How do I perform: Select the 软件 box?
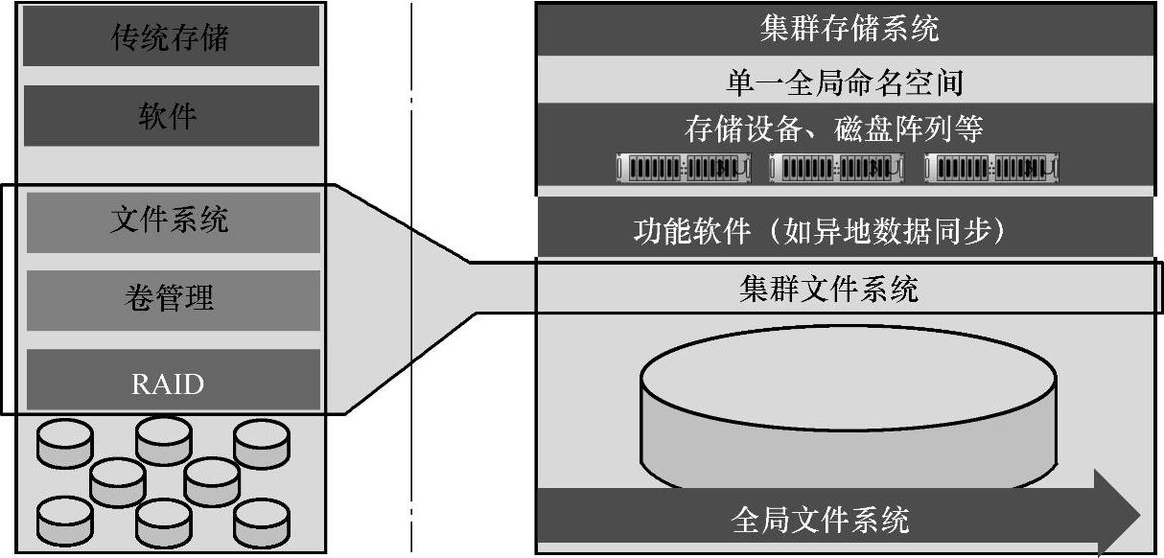[x=171, y=116]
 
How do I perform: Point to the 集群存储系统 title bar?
[x=848, y=29]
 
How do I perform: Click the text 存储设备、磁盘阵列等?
[x=833, y=128]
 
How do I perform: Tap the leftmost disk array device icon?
[x=682, y=169]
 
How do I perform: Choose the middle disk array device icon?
[x=837, y=169]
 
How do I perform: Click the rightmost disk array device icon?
[x=992, y=169]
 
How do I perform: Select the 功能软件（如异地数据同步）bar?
[x=820, y=231]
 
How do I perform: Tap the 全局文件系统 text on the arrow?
[x=820, y=520]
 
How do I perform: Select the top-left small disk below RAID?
[x=65, y=443]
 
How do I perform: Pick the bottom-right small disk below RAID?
[x=262, y=522]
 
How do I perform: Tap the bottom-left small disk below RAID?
[x=65, y=522]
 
